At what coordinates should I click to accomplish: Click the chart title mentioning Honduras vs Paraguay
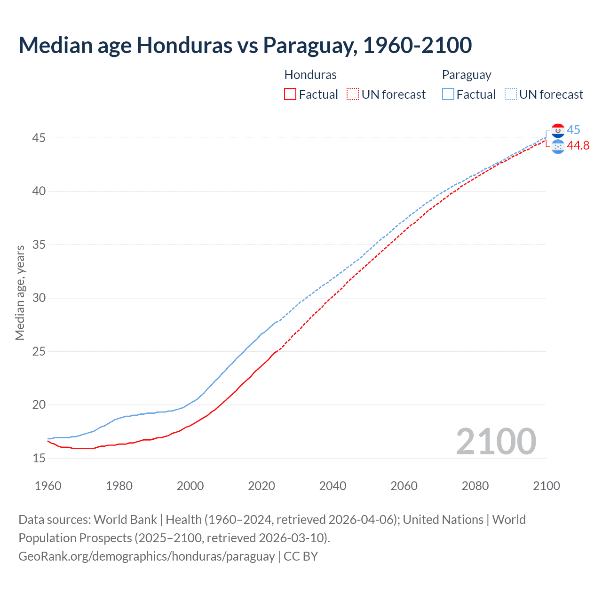[x=245, y=46]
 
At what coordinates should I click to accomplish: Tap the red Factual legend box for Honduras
[x=290, y=94]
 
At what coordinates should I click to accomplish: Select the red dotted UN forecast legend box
[x=353, y=94]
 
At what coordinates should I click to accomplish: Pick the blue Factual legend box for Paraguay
[x=448, y=94]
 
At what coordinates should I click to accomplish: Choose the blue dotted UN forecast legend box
[x=511, y=94]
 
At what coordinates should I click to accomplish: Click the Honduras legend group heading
[x=310, y=75]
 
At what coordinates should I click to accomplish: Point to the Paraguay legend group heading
[x=466, y=75]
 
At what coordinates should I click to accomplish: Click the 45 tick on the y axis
[x=39, y=138]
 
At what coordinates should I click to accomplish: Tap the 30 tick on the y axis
[x=39, y=298]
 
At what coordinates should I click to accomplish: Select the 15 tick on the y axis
[x=39, y=458]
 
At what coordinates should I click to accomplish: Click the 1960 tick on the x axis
[x=48, y=486]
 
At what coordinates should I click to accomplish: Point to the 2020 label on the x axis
[x=261, y=486]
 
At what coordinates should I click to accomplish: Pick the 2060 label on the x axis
[x=404, y=486]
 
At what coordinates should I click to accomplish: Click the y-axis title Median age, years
[x=20, y=293]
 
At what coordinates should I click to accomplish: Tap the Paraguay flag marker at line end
[x=558, y=130]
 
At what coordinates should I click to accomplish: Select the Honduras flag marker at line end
[x=558, y=146]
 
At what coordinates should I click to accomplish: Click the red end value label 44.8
[x=578, y=146]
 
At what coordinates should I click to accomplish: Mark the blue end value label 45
[x=573, y=130]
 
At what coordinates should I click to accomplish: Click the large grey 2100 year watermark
[x=496, y=441]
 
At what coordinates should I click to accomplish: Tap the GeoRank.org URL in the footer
[x=146, y=556]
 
